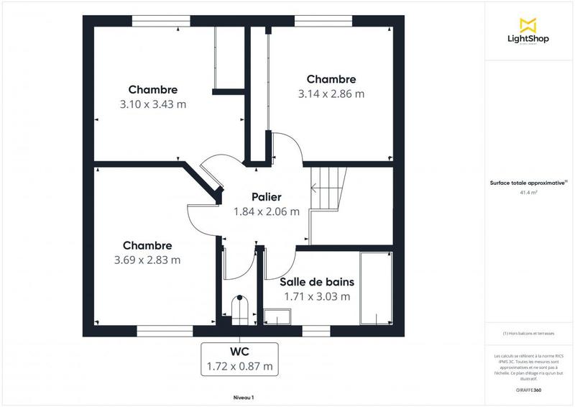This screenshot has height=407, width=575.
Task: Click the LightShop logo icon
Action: click(528, 24)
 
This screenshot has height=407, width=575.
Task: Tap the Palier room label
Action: click(256, 197)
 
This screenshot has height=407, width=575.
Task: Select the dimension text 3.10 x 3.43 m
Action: click(153, 104)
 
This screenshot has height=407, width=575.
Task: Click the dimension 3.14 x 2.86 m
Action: click(331, 93)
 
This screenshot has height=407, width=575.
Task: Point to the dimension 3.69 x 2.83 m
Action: click(147, 260)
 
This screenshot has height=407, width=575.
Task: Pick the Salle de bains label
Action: click(317, 282)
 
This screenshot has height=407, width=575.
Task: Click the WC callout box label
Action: click(239, 352)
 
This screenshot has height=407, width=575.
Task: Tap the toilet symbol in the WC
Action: click(239, 308)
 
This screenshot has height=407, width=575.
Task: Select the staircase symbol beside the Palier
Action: click(328, 188)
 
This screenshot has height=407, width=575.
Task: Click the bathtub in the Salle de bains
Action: click(375, 288)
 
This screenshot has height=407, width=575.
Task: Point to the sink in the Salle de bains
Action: click(276, 316)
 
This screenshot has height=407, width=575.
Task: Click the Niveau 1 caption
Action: click(244, 398)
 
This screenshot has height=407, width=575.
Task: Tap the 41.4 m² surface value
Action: click(529, 193)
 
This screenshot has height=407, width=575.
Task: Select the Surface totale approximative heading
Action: click(529, 183)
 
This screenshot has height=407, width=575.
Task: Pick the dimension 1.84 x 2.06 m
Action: click(256, 211)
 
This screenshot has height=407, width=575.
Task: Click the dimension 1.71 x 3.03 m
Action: click(317, 296)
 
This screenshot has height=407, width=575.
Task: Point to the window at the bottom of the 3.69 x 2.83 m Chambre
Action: click(165, 331)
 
